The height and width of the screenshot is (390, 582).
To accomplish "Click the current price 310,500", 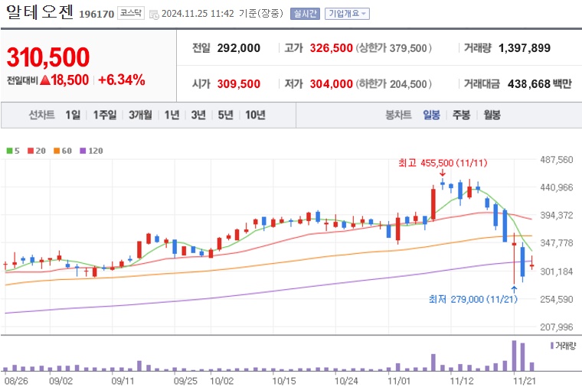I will [48, 57].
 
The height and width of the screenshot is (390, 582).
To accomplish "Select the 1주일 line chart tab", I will [105, 115].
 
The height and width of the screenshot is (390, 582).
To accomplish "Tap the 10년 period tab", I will [254, 115].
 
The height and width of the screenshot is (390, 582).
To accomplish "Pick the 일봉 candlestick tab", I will [431, 115].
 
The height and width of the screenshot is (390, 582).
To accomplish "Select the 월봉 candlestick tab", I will [491, 115].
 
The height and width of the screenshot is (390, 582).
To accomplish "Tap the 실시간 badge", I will [306, 14].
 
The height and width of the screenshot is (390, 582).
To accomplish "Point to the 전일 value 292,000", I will [238, 48].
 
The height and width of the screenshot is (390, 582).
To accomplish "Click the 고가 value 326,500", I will [332, 48].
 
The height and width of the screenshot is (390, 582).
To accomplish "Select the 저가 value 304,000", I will [332, 84].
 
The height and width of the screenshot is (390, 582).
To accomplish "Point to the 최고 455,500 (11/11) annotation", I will [443, 163].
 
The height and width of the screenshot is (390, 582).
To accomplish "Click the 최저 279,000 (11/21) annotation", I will [473, 299].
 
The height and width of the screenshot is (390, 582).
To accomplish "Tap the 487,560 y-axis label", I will [557, 160].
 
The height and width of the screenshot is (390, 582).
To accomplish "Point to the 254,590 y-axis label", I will [557, 299].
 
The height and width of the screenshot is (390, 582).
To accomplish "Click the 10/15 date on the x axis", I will [283, 379].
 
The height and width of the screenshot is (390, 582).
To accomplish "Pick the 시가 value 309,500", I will [238, 84].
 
